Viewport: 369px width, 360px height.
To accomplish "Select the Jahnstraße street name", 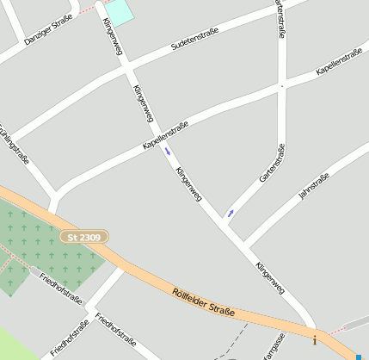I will (314, 187).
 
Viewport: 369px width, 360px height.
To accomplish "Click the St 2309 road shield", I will (85, 236).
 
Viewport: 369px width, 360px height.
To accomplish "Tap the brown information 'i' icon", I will (314, 340).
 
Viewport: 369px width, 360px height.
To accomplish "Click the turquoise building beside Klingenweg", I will (120, 11).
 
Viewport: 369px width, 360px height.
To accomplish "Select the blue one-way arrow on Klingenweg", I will (168, 152).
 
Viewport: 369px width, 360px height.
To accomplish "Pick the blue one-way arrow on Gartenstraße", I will (231, 212).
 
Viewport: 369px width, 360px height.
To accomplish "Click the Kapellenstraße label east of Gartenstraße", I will (339, 62).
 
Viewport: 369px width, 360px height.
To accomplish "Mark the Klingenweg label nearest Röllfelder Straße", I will (269, 278).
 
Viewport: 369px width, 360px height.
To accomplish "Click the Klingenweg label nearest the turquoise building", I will (114, 37).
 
